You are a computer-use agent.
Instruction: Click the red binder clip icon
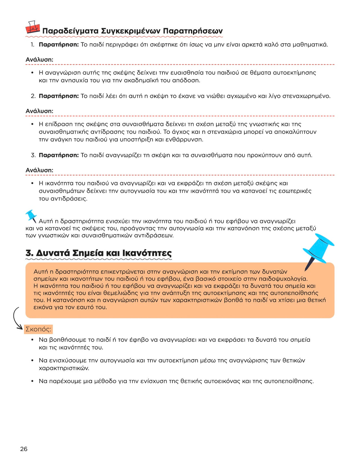pyautogui.click(x=32, y=27)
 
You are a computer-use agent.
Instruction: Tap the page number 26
pyautogui.click(x=24, y=449)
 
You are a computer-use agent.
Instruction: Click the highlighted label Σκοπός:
pyautogui.click(x=38, y=329)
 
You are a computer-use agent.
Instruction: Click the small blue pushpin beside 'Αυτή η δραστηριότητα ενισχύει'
pyautogui.click(x=31, y=216)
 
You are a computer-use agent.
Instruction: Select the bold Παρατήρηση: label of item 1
pyautogui.click(x=59, y=45)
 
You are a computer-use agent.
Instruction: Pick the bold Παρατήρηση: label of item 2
pyautogui.click(x=59, y=96)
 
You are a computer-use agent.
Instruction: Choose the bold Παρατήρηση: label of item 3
pyautogui.click(x=59, y=155)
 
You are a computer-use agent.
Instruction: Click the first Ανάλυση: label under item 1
pyautogui.click(x=39, y=60)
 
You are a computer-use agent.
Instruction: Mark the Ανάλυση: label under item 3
pyautogui.click(x=39, y=170)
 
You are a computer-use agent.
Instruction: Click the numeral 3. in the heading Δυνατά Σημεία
pyautogui.click(x=29, y=253)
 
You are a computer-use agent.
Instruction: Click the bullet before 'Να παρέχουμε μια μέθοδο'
pyautogui.click(x=32, y=381)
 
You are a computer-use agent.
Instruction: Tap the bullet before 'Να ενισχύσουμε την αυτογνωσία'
pyautogui.click(x=32, y=361)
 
